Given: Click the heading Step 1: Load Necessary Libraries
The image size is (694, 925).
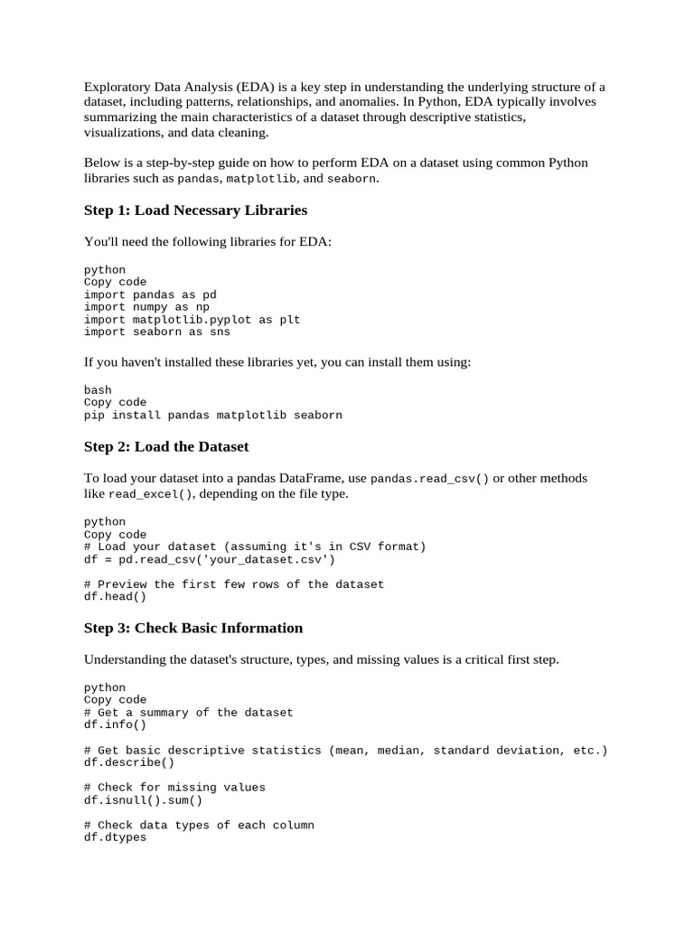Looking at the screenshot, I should pyautogui.click(x=195, y=210).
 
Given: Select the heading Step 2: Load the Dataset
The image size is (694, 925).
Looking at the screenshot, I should pyautogui.click(x=166, y=447).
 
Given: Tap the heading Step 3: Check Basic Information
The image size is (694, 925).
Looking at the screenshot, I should pyautogui.click(x=193, y=628).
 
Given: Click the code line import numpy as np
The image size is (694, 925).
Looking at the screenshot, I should pyautogui.click(x=146, y=307).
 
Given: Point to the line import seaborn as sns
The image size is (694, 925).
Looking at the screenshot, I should pyautogui.click(x=157, y=332).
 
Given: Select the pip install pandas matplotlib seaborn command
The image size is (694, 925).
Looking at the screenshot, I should pyautogui.click(x=213, y=416).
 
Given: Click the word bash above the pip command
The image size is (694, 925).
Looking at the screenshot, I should pyautogui.click(x=98, y=390).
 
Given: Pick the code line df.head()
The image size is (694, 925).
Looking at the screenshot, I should pyautogui.click(x=115, y=596).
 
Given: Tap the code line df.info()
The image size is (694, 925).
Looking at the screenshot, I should pyautogui.click(x=115, y=724).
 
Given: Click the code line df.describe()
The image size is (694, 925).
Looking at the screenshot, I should pyautogui.click(x=129, y=762).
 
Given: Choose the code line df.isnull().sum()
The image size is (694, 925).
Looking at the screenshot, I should pyautogui.click(x=143, y=800).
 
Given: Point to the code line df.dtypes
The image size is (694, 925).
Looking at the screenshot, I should pyautogui.click(x=115, y=837).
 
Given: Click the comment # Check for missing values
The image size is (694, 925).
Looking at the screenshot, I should pyautogui.click(x=174, y=788).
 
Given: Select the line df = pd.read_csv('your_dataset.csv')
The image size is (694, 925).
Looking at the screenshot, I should pyautogui.click(x=210, y=559).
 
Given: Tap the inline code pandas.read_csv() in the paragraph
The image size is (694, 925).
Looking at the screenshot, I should pyautogui.click(x=430, y=479).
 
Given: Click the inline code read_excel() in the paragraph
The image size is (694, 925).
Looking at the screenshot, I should pyautogui.click(x=150, y=495).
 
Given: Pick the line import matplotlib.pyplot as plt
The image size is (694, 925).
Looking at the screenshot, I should pyautogui.click(x=192, y=320).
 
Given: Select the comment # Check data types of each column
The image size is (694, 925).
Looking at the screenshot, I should pyautogui.click(x=199, y=826).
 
